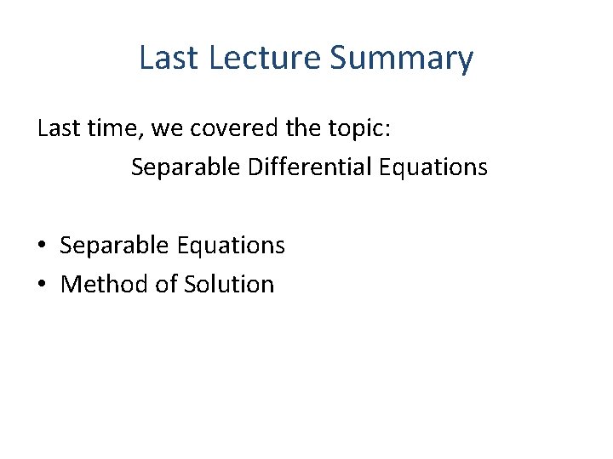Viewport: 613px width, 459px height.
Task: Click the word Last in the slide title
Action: [x=168, y=58]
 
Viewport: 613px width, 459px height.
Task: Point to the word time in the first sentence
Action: [x=112, y=128]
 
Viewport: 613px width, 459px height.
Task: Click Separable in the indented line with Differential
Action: [x=186, y=167]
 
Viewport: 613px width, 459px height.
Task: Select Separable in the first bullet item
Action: [x=115, y=246]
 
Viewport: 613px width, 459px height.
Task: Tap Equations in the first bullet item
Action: [x=231, y=246]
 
